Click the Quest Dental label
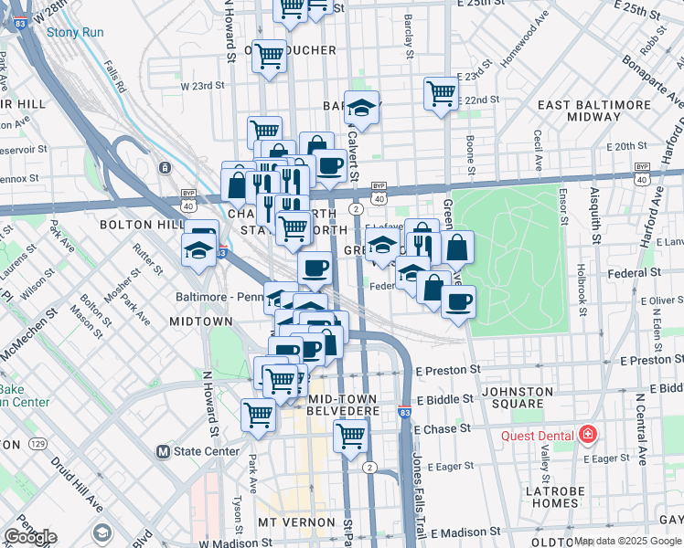tap(536, 436)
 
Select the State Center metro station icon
tap(164, 451)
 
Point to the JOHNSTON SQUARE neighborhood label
tap(518, 398)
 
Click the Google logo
tap(30, 537)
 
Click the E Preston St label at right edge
tap(652, 361)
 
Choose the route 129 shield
tap(37, 443)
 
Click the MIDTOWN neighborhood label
tap(201, 321)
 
